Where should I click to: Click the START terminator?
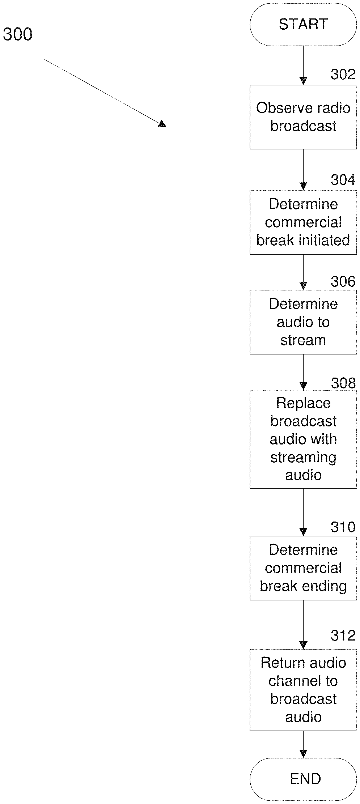303,25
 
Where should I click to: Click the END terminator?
303,779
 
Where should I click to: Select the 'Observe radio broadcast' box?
303,117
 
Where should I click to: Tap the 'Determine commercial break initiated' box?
303,222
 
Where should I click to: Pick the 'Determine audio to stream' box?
303,322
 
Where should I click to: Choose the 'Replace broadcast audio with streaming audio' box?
303,439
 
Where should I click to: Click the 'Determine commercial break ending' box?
303,568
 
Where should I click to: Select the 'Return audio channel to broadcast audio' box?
303,690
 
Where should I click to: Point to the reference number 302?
343,74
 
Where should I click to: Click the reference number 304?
343,180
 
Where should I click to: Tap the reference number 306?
343,281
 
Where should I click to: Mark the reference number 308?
343,383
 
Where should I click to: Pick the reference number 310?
343,527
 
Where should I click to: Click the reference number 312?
343,635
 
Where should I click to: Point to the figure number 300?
17,34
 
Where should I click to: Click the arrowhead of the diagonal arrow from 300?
162,124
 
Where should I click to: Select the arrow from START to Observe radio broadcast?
303,65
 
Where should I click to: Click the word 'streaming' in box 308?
303,457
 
